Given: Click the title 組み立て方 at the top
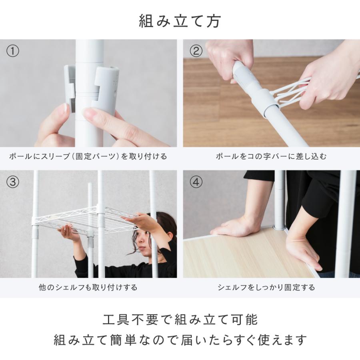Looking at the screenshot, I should point(180,21).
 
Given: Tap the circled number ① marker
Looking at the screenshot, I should point(13,51).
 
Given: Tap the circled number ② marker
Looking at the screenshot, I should point(196,51).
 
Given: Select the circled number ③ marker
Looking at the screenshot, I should point(13,182).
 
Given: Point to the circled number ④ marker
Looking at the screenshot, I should point(196,182).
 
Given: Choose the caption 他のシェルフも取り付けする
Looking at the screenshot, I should point(88,287).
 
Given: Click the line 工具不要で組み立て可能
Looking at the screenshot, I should point(180,320).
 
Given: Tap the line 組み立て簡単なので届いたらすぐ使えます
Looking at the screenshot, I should point(180,340).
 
